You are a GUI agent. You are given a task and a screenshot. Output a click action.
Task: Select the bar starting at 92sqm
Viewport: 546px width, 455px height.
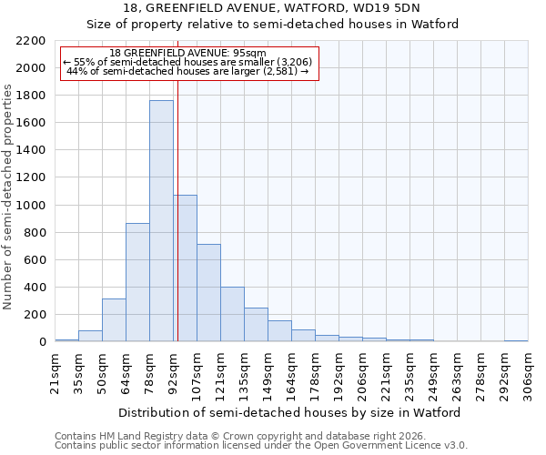(185, 268)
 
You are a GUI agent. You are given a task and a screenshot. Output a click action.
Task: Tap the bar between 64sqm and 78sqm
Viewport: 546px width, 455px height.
(137, 282)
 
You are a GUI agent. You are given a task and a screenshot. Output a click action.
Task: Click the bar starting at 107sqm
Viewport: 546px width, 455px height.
(208, 293)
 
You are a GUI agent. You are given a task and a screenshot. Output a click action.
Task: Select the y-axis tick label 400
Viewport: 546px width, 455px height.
(34, 288)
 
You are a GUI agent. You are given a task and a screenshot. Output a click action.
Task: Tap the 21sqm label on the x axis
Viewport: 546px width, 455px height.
(55, 373)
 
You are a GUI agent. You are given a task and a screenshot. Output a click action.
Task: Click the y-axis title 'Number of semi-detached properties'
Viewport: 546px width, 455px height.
(8, 197)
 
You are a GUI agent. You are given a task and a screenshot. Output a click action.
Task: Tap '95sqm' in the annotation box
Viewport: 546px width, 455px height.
(248, 54)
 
